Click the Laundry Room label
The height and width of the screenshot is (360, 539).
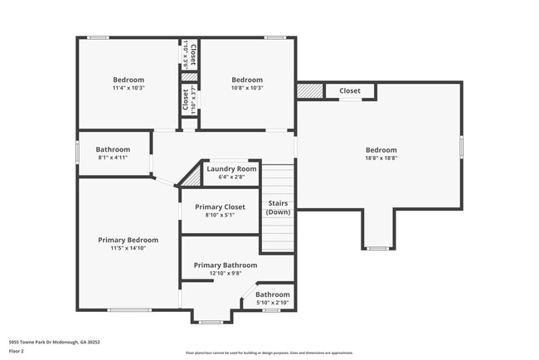(x=231, y=169)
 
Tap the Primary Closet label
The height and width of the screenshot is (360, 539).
(x=220, y=207)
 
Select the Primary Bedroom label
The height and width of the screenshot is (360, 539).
(x=128, y=240)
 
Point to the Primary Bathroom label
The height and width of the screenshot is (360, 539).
(x=226, y=265)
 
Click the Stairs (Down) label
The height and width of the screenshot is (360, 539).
(x=278, y=207)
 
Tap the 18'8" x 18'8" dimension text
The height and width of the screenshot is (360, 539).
(x=381, y=158)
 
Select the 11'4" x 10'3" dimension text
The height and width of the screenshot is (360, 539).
(x=129, y=88)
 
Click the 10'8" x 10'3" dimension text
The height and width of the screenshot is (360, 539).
(x=246, y=88)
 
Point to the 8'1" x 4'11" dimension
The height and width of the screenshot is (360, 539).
(x=113, y=158)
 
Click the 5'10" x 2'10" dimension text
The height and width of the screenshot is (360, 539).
(x=272, y=303)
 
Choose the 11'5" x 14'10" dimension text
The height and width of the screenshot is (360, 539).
(x=128, y=248)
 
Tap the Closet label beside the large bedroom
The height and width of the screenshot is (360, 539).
(x=350, y=91)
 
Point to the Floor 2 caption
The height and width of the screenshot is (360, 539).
(x=16, y=351)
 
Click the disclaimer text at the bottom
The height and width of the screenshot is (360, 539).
(x=269, y=352)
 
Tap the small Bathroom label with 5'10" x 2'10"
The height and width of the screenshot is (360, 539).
(x=272, y=294)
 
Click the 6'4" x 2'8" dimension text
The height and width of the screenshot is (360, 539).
(x=231, y=177)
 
